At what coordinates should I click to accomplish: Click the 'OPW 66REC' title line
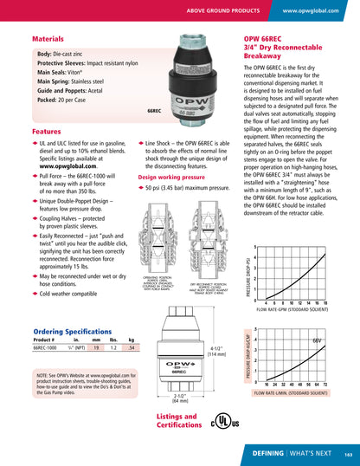267,40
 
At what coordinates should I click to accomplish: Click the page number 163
347,453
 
